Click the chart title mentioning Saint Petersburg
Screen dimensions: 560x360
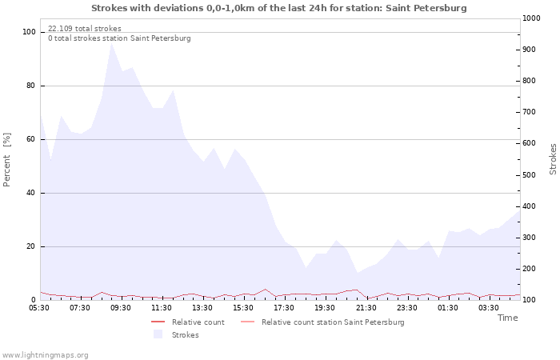click(x=279, y=8)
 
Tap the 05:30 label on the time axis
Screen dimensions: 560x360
click(x=39, y=307)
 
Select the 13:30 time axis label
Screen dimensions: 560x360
click(x=202, y=307)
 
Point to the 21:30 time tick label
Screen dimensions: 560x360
click(x=366, y=307)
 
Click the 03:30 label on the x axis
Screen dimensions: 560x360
click(x=488, y=307)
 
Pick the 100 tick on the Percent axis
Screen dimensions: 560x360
click(x=29, y=32)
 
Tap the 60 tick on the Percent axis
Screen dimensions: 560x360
click(x=30, y=139)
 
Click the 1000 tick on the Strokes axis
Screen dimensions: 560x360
click(x=531, y=18)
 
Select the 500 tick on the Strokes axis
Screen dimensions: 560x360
click(x=530, y=175)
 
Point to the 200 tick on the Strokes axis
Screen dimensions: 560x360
click(x=530, y=269)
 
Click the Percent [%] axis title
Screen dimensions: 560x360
click(x=6, y=160)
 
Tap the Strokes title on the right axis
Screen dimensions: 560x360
click(x=553, y=159)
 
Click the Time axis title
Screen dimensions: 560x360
click(x=507, y=318)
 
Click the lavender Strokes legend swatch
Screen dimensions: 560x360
click(x=158, y=334)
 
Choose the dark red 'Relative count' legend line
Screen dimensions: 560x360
click(x=158, y=322)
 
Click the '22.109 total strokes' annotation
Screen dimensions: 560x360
click(x=85, y=29)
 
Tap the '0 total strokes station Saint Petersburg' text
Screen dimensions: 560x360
click(x=119, y=38)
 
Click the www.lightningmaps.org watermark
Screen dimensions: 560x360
click(x=45, y=355)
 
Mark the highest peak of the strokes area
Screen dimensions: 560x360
click(x=112, y=42)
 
